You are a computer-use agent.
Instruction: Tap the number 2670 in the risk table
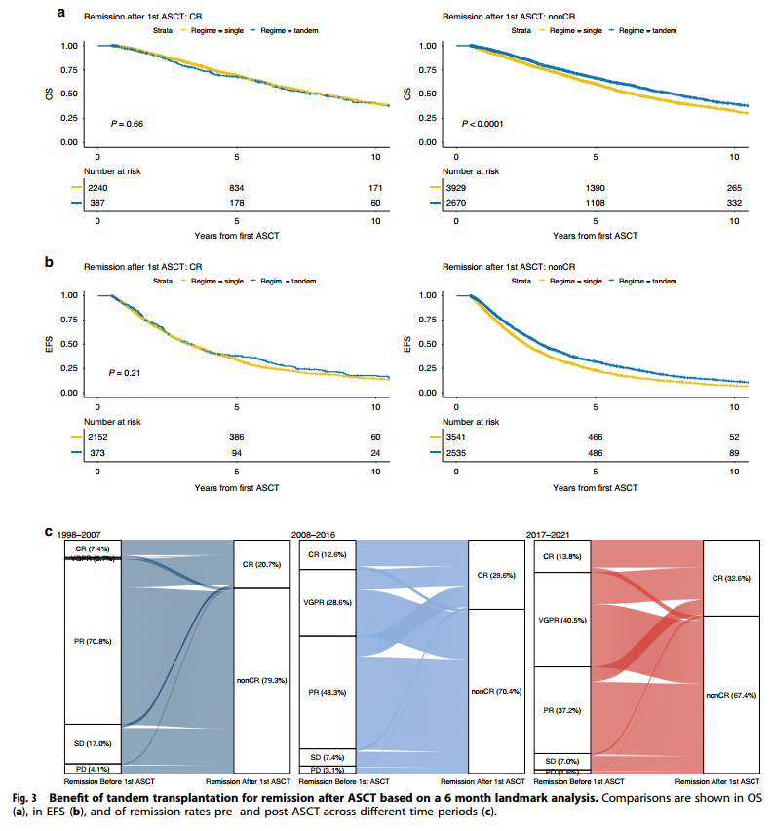click(457, 203)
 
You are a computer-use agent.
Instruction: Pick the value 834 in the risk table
click(236, 187)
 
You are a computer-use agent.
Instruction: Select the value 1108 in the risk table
click(595, 203)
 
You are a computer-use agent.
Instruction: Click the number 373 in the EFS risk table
click(98, 452)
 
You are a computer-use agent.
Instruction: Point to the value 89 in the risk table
click(733, 452)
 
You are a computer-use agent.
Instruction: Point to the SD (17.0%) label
click(92, 743)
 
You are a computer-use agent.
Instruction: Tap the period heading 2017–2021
click(553, 535)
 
